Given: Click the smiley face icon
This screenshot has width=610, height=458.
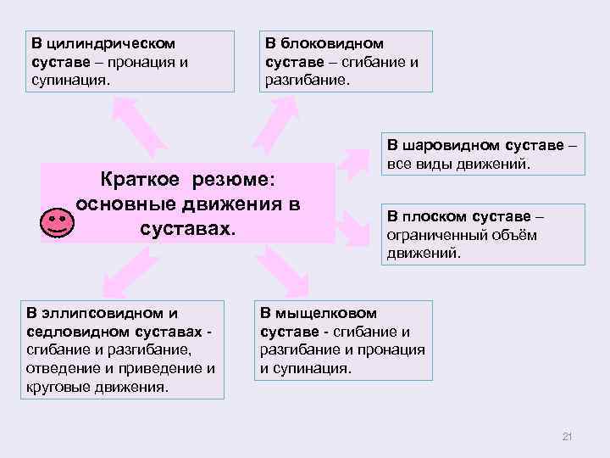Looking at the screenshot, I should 57,222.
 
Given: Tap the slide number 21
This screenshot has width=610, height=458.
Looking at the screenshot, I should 568,437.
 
